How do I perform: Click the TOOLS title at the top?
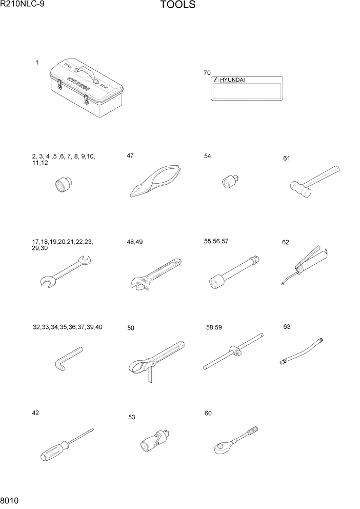pyautogui.click(x=177, y=6)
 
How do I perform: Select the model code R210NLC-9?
pyautogui.click(x=23, y=5)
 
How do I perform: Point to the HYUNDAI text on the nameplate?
pyautogui.click(x=232, y=80)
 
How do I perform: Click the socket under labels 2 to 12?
pyautogui.click(x=64, y=185)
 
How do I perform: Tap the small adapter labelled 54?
pyautogui.click(x=232, y=181)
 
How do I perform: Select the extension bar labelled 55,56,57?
pyautogui.click(x=236, y=269)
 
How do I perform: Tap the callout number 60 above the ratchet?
pyautogui.click(x=208, y=413)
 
